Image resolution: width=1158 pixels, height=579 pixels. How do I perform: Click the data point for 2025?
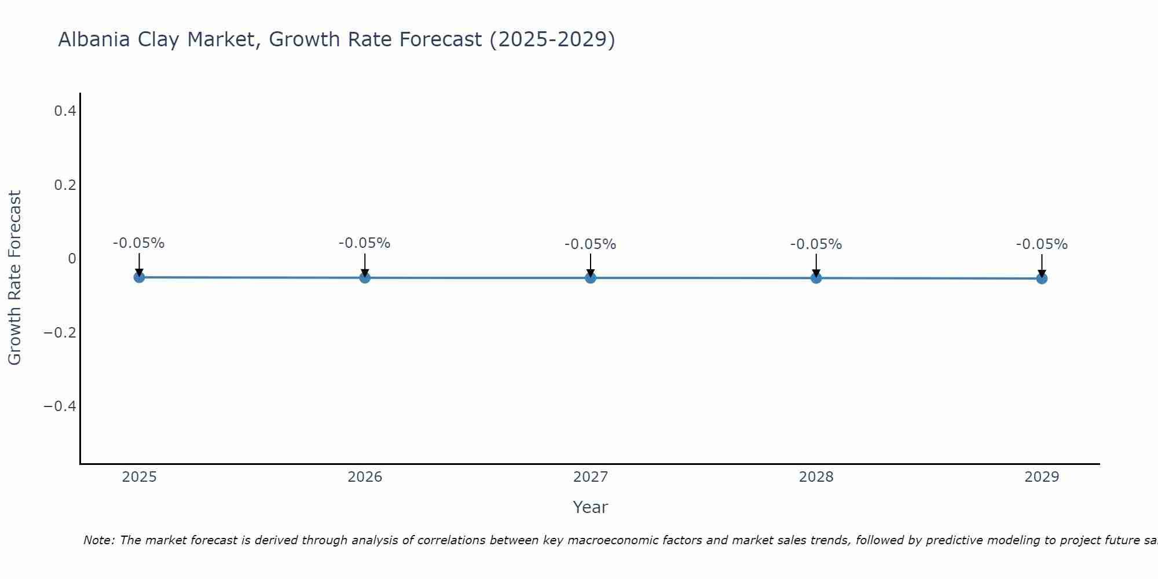[139, 277]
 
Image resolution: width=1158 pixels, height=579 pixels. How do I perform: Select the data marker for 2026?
[365, 278]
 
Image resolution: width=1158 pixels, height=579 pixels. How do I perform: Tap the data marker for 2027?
[591, 278]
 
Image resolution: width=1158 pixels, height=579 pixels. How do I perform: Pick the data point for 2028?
[816, 278]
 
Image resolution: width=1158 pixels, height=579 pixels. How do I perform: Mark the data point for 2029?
[1042, 278]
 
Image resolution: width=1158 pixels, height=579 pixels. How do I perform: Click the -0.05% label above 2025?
[138, 243]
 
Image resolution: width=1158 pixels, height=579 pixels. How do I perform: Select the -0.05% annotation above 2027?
[590, 244]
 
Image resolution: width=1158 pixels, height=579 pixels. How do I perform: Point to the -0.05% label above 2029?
[1042, 244]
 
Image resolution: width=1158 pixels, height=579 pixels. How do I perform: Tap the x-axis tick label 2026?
[365, 477]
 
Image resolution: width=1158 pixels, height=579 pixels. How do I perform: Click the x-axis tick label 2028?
[816, 477]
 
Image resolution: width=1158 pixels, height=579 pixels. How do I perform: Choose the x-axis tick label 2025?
[140, 477]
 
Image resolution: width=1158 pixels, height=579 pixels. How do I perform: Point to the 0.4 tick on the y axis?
[65, 111]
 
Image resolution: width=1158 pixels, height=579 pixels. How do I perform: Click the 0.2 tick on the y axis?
[65, 185]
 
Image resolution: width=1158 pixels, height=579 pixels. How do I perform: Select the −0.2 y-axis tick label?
[60, 333]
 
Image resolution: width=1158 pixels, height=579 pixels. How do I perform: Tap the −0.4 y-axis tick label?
[60, 406]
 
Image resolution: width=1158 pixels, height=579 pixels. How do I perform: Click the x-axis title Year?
[590, 508]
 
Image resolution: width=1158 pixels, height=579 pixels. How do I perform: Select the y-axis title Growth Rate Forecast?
[14, 278]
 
